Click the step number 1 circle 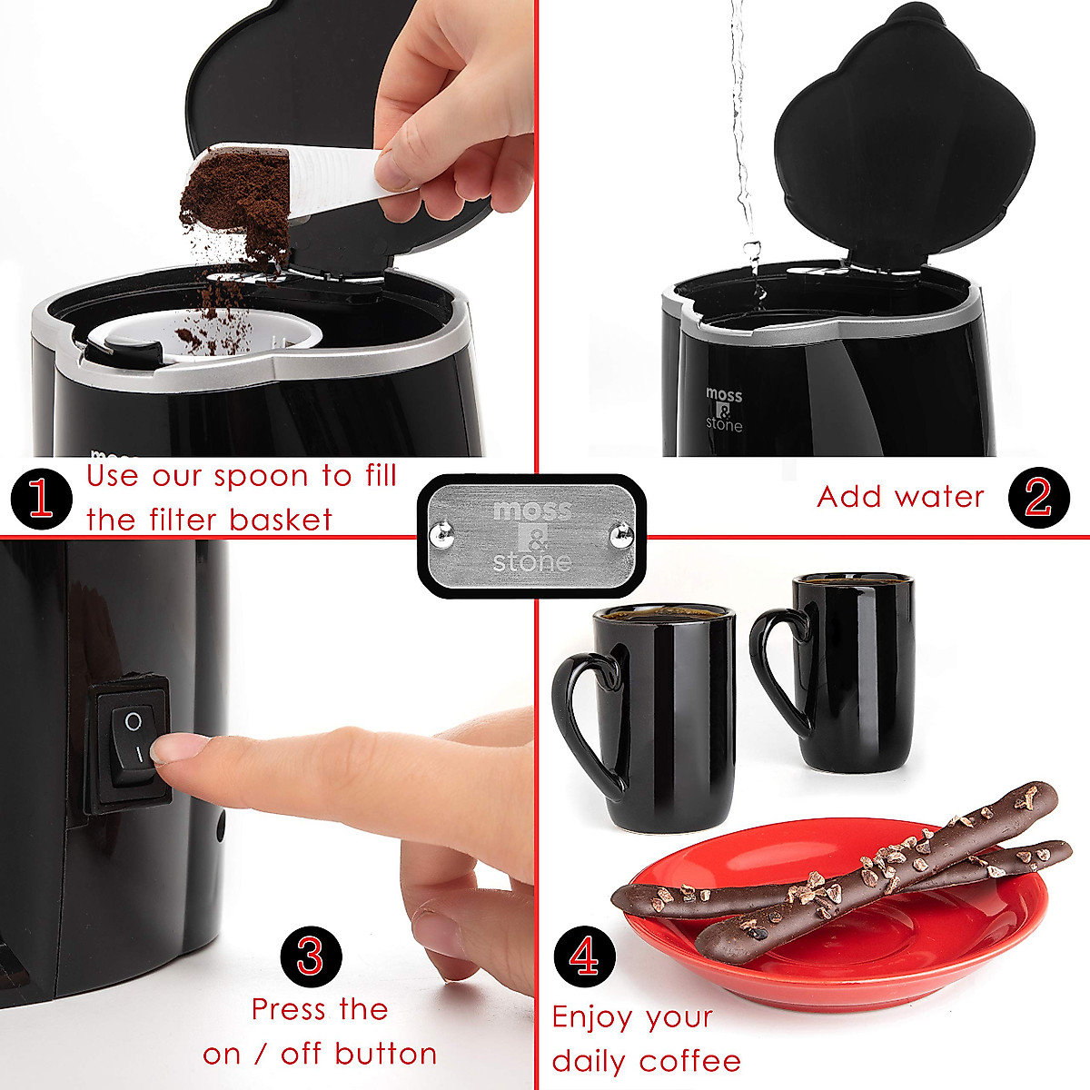42,499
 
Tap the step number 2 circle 1038,498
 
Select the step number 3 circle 311,956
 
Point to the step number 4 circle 585,956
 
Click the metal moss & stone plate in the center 531,536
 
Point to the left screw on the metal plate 442,535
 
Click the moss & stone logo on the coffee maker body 724,410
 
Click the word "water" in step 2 947,497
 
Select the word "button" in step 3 385,1054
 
